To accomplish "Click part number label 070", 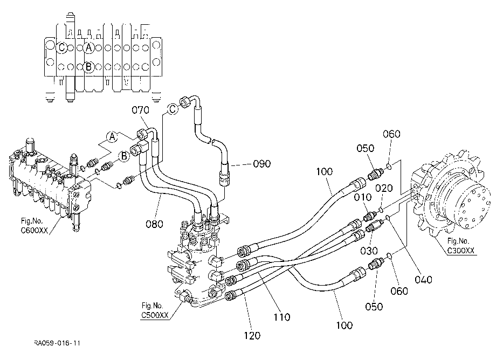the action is tap(141, 110).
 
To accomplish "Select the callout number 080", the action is tap(154, 224).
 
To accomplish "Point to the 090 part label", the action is tap(262, 164).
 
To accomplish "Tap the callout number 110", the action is tap(281, 317).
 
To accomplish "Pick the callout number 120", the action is tap(252, 335).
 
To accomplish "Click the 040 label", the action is tap(423, 279).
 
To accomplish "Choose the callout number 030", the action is tap(369, 251).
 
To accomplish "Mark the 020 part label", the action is tap(384, 189).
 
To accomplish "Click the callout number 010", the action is tap(362, 197).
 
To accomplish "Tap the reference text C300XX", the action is tap(460, 250).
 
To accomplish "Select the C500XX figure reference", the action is tap(155, 315).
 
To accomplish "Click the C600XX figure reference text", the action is tap(35, 230).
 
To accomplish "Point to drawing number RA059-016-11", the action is tap(57, 343).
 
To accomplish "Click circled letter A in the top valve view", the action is tap(89, 48).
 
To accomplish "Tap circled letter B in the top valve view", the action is tap(88, 67).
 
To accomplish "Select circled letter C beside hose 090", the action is tap(173, 109).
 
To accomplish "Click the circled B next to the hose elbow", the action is tap(124, 156).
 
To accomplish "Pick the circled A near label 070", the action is tap(112, 137).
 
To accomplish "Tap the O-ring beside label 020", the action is tap(382, 210).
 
